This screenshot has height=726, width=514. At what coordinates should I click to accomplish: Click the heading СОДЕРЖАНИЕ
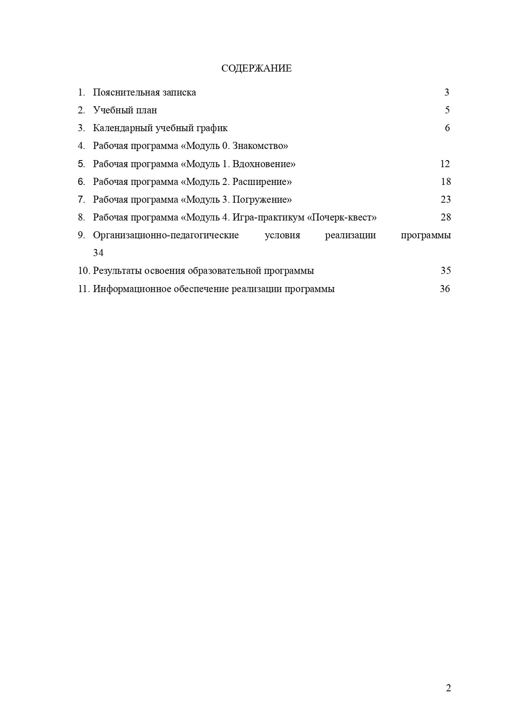257,68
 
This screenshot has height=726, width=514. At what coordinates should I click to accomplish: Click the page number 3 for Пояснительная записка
447,92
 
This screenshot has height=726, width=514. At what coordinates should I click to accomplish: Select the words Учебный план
125,110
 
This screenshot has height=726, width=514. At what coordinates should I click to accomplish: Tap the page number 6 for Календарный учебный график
447,128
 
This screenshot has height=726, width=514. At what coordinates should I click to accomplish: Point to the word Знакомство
260,146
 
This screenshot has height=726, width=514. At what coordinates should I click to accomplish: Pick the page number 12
445,164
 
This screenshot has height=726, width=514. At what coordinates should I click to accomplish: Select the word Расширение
262,182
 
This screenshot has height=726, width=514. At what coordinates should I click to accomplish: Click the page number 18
445,182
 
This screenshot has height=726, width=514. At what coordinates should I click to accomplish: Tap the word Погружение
262,199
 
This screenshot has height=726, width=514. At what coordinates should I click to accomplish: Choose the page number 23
445,199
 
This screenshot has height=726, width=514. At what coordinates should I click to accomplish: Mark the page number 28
445,217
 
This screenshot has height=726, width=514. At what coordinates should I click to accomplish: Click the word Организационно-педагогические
166,235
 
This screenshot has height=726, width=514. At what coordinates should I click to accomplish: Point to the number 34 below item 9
98,253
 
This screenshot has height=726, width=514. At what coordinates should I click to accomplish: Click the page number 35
445,271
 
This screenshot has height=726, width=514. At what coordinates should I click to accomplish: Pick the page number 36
445,289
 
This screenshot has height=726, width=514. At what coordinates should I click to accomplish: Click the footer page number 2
448,688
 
